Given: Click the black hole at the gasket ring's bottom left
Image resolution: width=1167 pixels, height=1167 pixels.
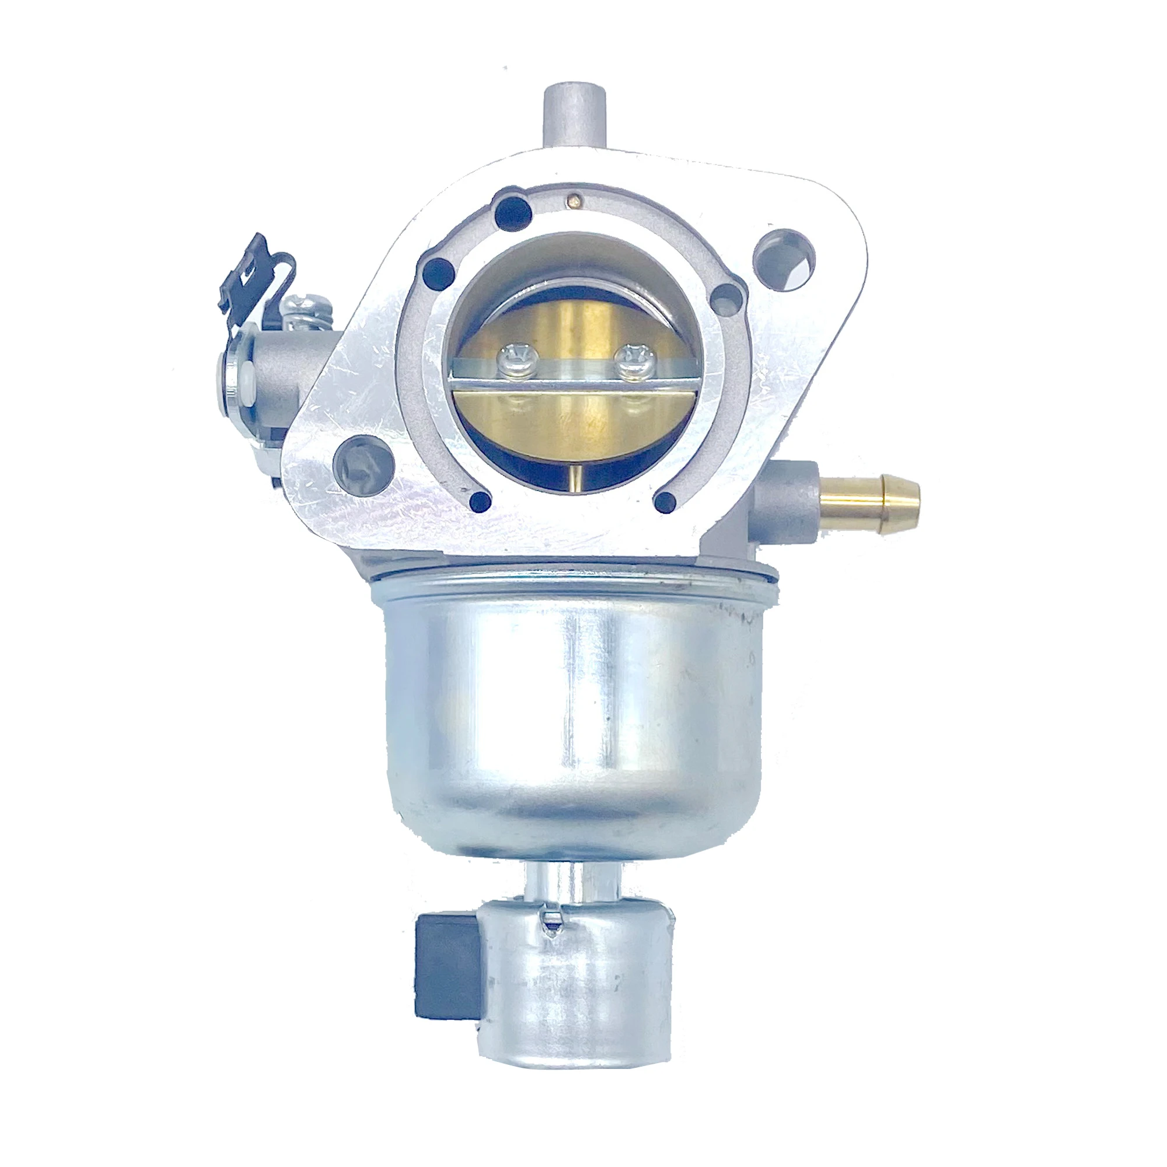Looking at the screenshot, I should point(480,500).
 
